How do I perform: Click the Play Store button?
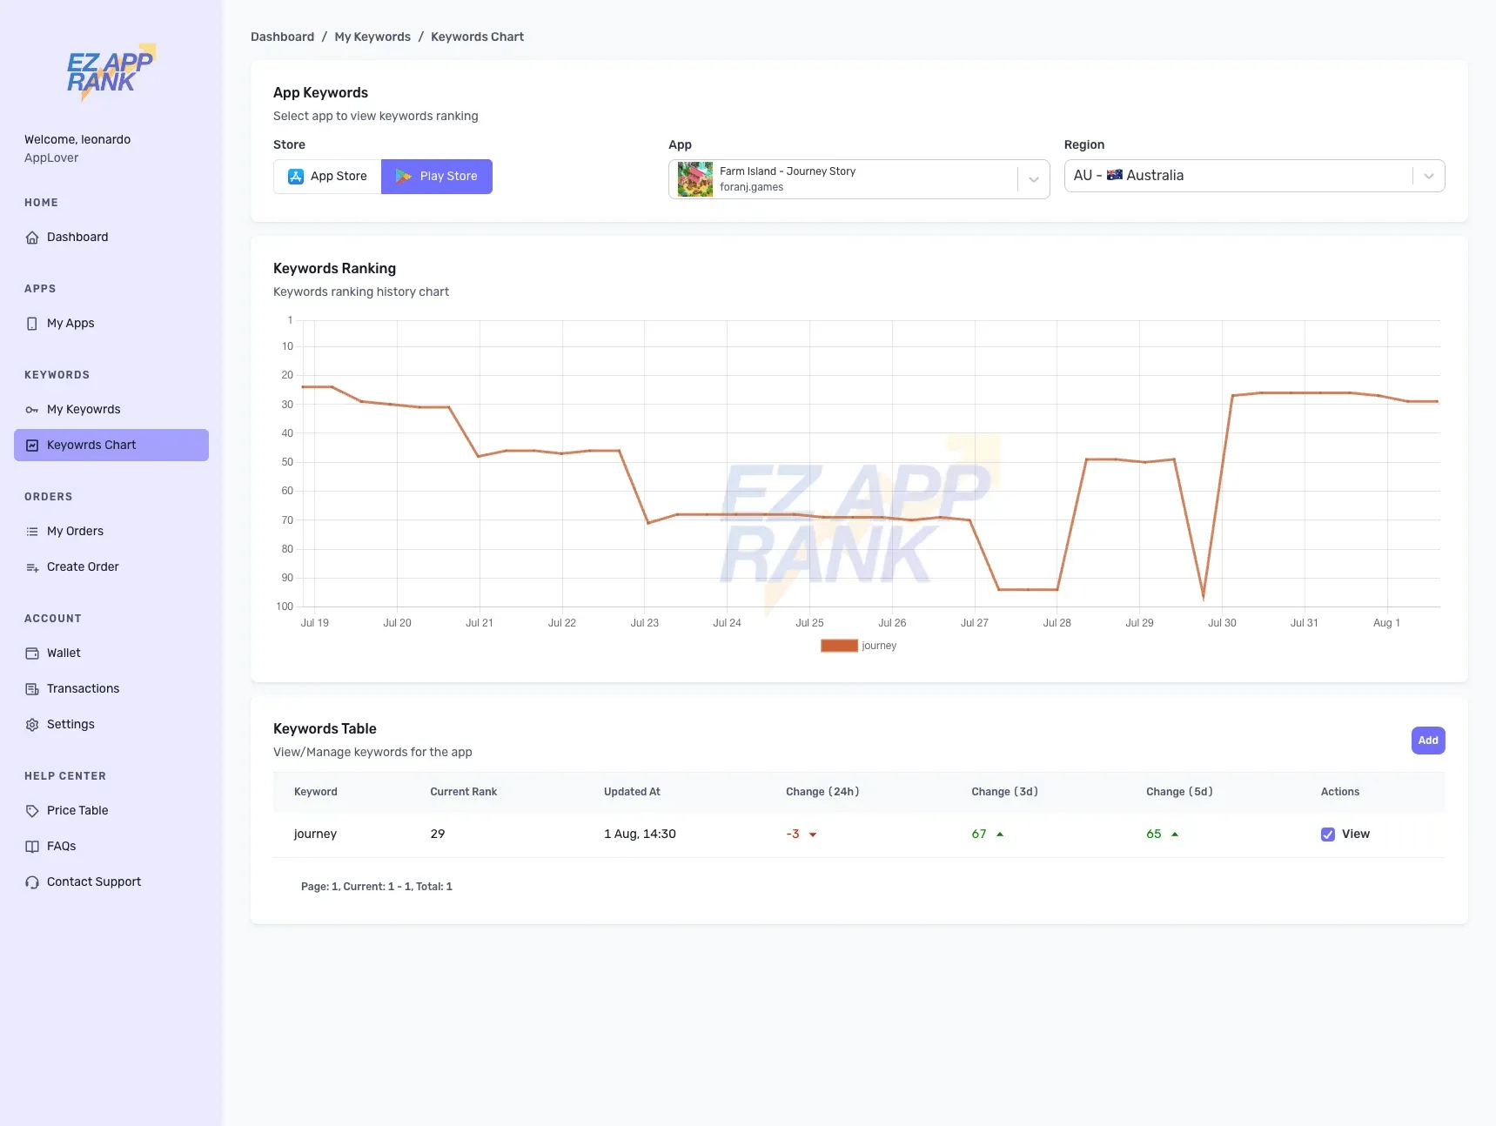pos(437,177)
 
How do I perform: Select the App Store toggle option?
pos(327,177)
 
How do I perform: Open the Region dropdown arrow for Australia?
pos(1428,176)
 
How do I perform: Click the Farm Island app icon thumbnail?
pos(694,179)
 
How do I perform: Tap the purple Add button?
pos(1427,741)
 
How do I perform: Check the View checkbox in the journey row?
pos(1328,834)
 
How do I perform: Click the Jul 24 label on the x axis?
pos(727,623)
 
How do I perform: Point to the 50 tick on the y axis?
pos(287,462)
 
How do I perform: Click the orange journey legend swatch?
pos(839,646)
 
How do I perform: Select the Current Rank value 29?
pos(438,834)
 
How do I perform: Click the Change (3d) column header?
pos(1004,792)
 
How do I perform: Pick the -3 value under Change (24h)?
pos(793,834)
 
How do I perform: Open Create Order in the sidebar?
pos(83,566)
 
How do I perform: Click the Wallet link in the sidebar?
pos(64,653)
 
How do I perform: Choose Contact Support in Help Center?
pos(94,881)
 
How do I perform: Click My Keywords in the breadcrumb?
pos(372,37)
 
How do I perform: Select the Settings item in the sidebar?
pos(70,724)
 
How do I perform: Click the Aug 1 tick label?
pos(1386,623)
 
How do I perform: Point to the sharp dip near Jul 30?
pos(1204,597)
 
